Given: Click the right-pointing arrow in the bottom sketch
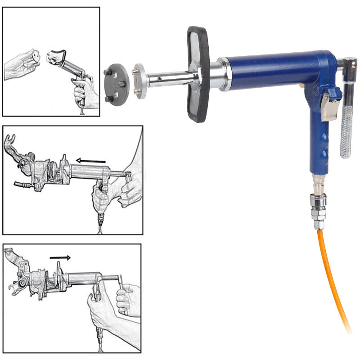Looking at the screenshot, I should click(x=60, y=258).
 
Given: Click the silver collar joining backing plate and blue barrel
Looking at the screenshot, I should click(x=222, y=74).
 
